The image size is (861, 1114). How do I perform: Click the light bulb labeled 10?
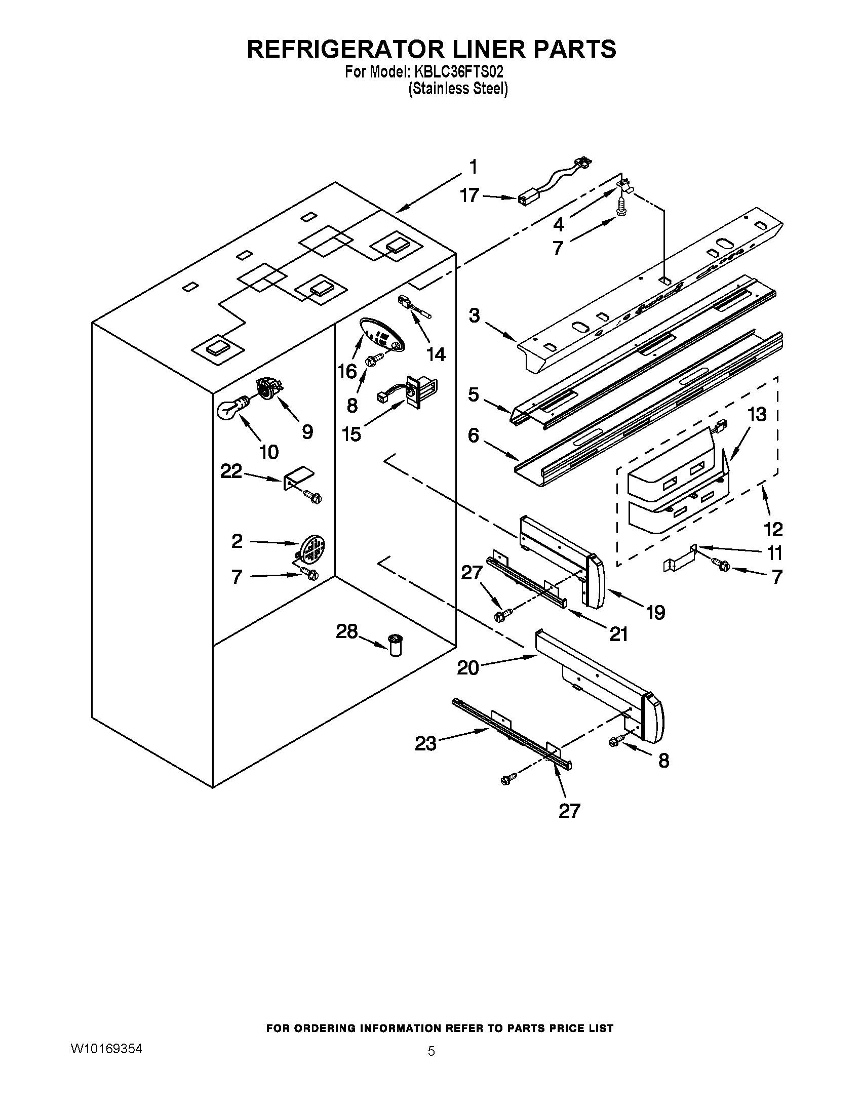point(232,408)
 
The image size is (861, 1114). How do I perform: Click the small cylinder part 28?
point(396,645)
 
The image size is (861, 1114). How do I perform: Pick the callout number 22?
point(230,471)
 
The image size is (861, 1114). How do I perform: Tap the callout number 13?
point(757,414)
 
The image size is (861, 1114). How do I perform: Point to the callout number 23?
point(425,744)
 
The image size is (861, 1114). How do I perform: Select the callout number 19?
point(656,612)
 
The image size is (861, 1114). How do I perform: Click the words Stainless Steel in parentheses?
point(458,89)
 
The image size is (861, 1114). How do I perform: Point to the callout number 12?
point(773,530)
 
